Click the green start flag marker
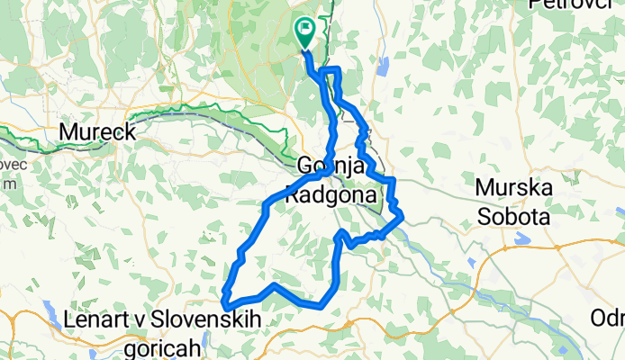tap(304, 31)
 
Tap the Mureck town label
tap(97, 132)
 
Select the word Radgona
tap(324, 191)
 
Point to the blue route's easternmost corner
tap(401, 216)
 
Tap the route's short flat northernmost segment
tap(331, 70)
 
